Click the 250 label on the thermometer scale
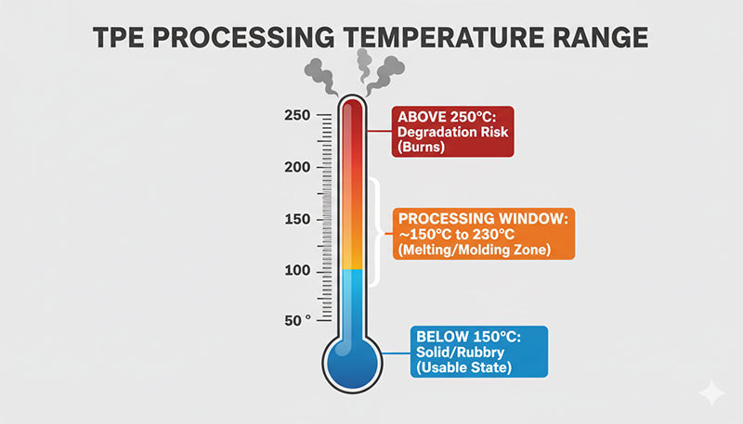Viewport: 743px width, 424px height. [x=296, y=116]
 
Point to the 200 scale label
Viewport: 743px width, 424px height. [x=296, y=168]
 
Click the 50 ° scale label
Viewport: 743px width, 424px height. [x=297, y=320]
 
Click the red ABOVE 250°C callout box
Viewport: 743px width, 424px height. [x=452, y=132]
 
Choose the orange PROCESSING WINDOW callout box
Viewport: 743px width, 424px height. [x=483, y=234]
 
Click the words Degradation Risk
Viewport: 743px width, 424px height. [x=452, y=132]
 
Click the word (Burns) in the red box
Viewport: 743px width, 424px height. [x=420, y=148]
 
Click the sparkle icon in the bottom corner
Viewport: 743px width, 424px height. [x=712, y=393]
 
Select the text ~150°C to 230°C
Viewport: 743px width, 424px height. [x=460, y=234]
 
